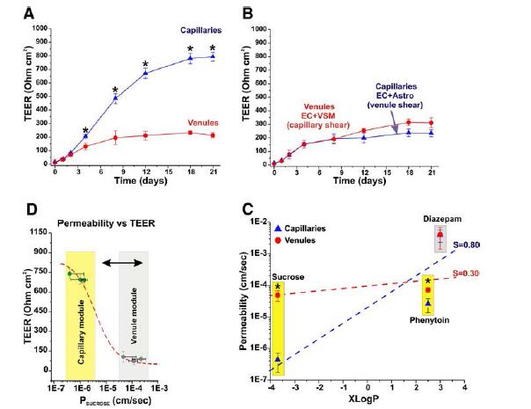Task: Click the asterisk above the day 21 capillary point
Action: (x=212, y=47)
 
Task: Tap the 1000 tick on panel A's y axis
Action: (x=37, y=27)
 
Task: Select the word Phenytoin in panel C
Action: (x=428, y=321)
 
